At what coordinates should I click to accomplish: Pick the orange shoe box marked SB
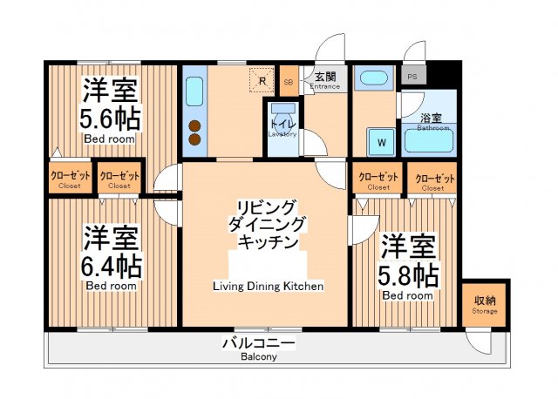[x=289, y=82]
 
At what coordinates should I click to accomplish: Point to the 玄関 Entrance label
[x=324, y=80]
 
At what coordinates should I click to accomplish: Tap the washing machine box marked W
[x=381, y=141]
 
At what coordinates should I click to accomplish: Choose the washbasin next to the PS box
[x=376, y=78]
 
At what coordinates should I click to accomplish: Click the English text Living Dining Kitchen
[x=268, y=286]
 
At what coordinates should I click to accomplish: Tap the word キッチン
[x=268, y=241]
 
